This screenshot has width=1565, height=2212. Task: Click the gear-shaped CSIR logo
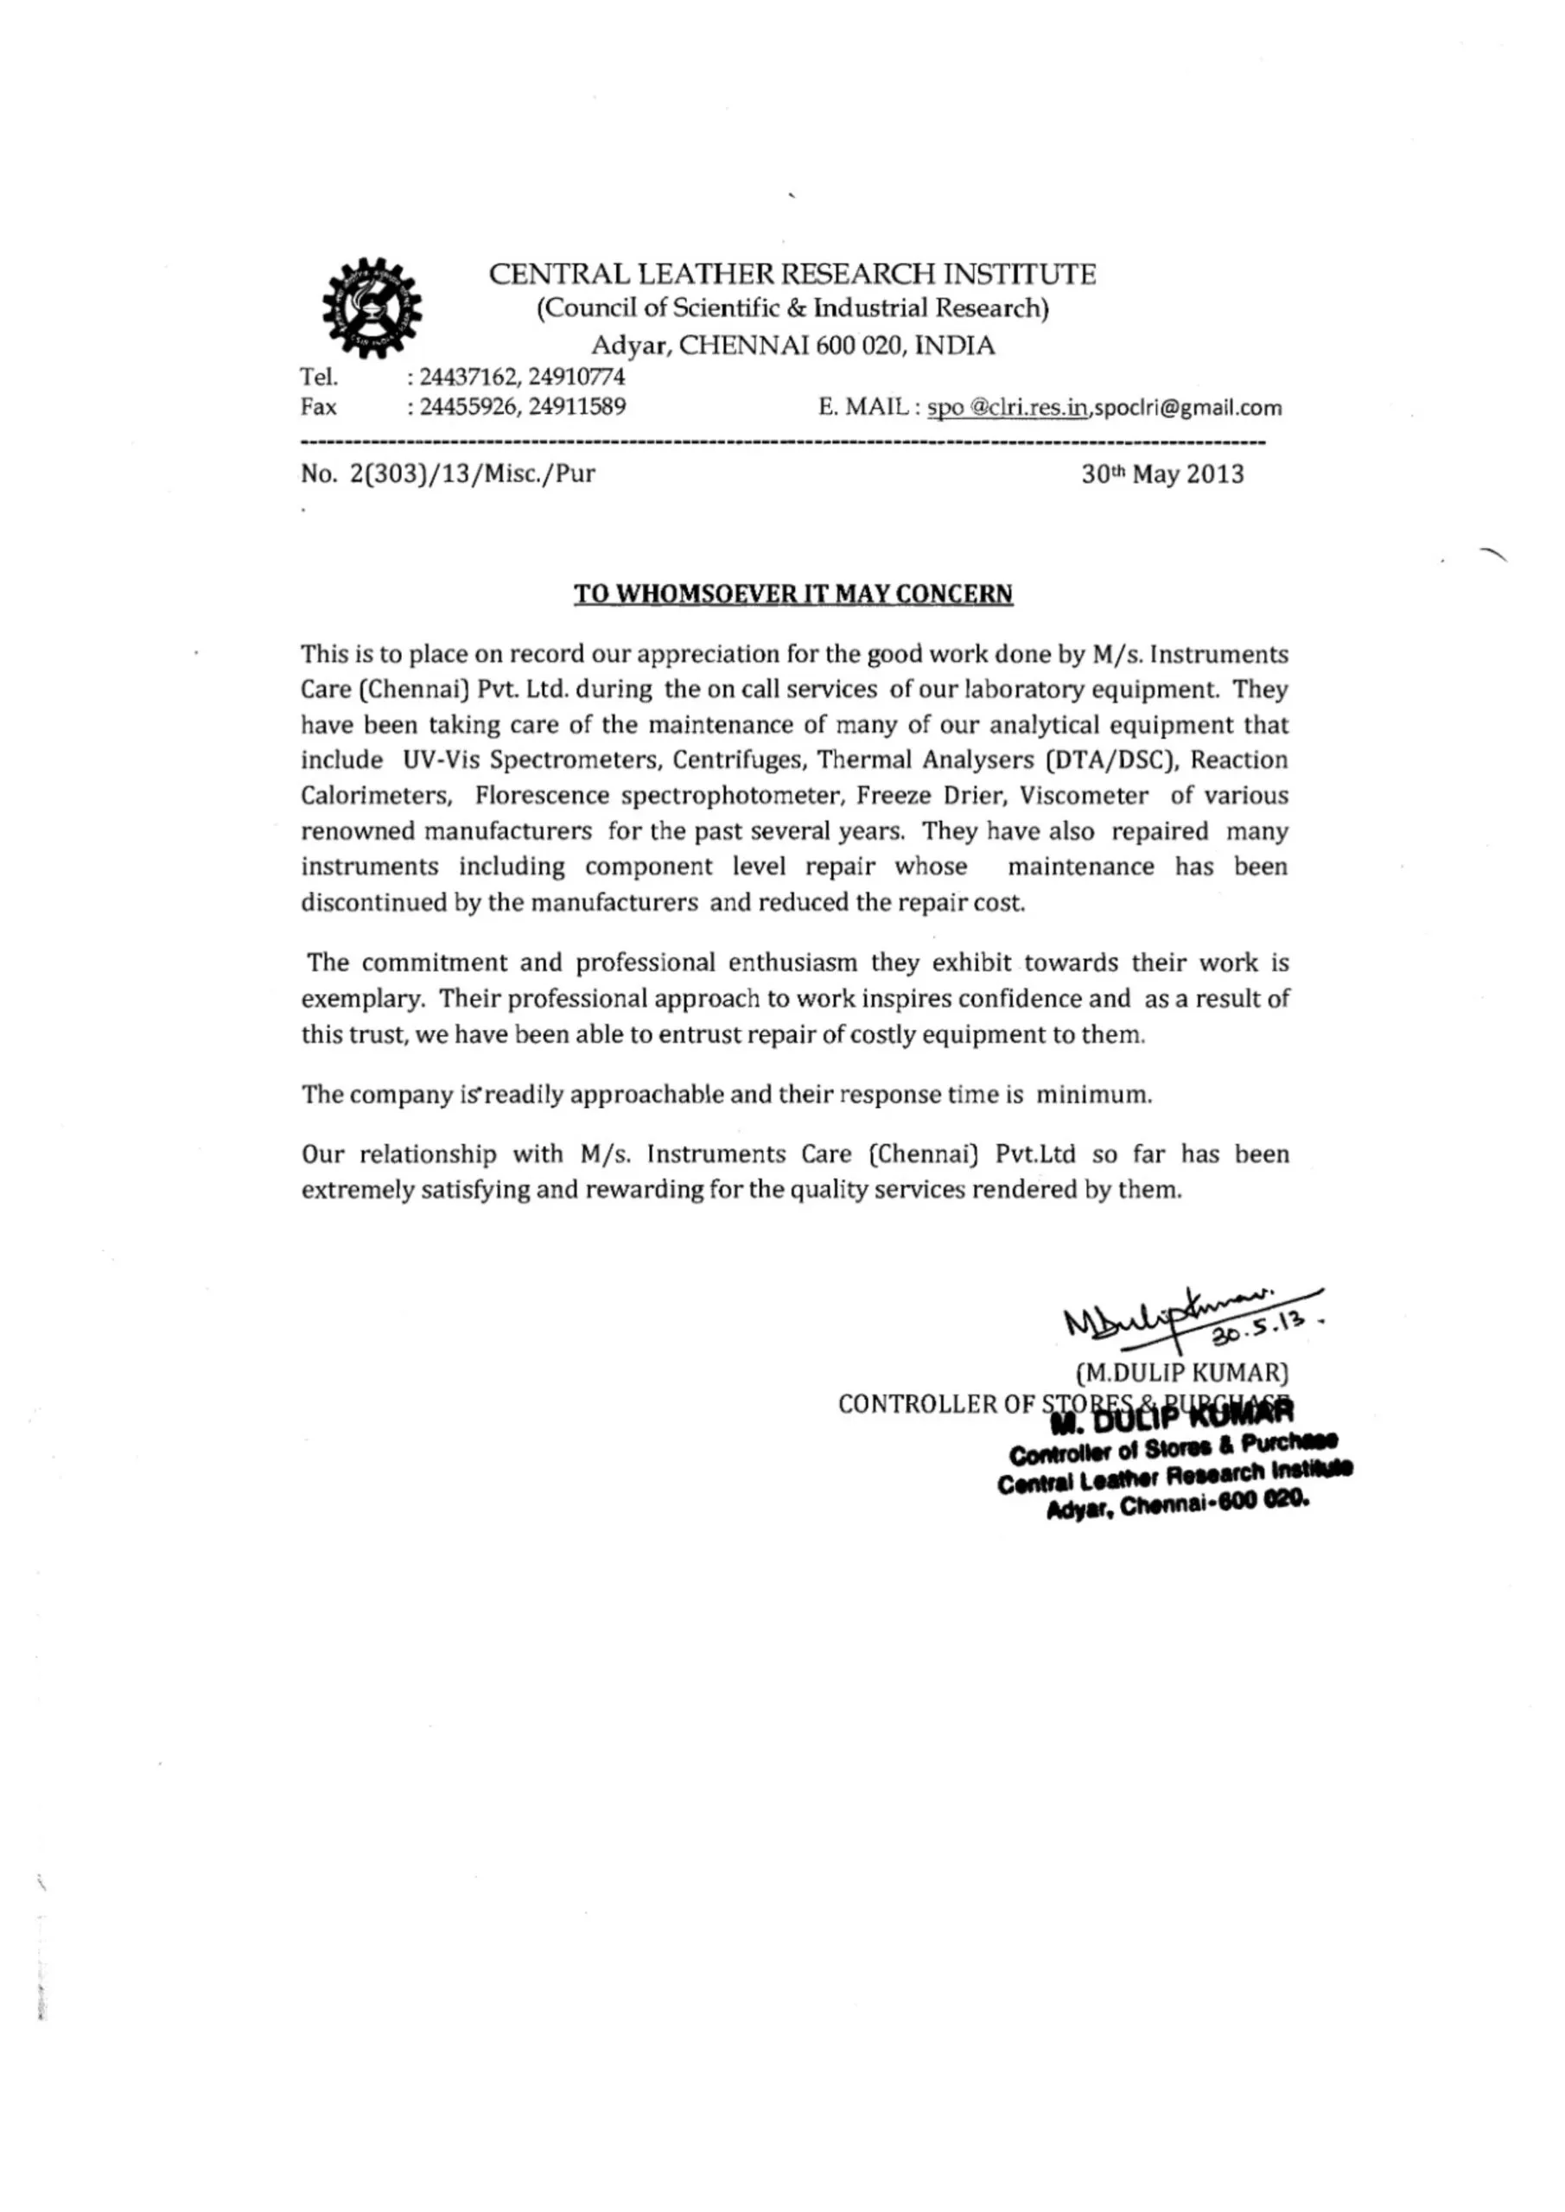pyautogui.click(x=371, y=308)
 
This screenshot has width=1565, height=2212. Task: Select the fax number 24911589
pyautogui.click(x=577, y=407)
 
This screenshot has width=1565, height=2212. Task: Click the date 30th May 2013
pyautogui.click(x=1162, y=474)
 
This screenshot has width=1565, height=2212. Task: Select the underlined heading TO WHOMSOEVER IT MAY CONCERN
pyautogui.click(x=793, y=594)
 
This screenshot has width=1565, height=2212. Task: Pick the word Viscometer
pyautogui.click(x=1085, y=796)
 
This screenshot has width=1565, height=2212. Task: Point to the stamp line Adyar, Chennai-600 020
pyautogui.click(x=1178, y=1507)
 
